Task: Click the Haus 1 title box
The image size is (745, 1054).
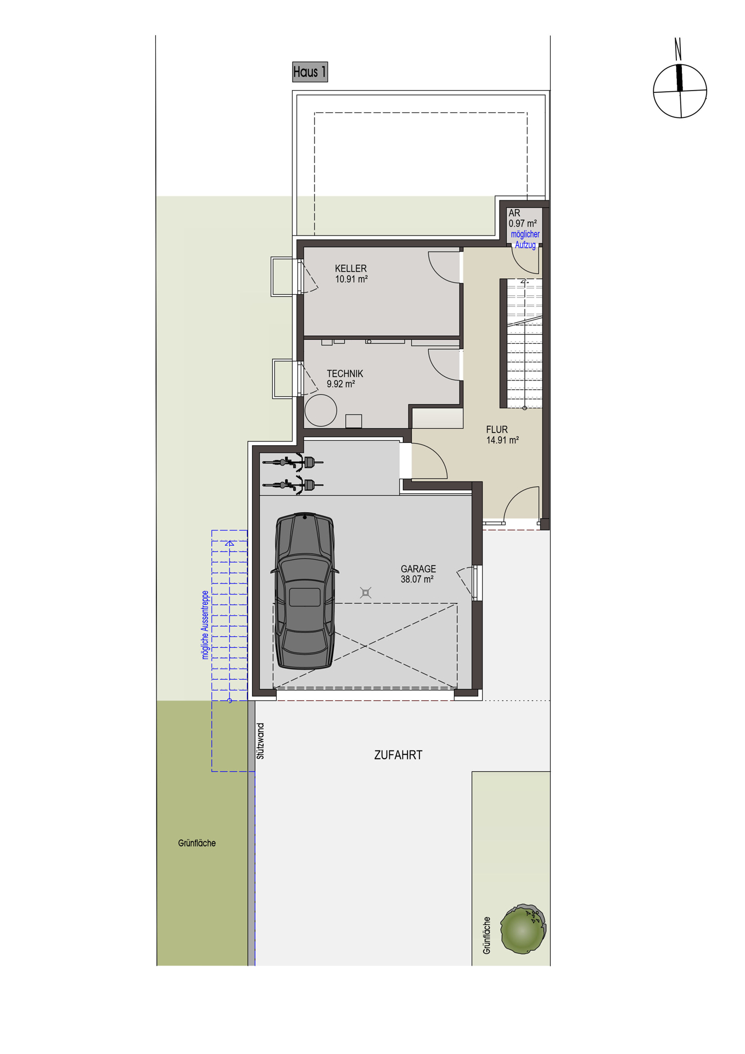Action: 310,72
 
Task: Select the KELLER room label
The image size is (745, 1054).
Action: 350,268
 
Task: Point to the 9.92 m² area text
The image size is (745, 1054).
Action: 340,384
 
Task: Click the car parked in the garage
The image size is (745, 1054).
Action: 305,591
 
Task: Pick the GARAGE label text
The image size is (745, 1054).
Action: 418,569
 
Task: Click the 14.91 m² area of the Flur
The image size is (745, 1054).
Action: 502,440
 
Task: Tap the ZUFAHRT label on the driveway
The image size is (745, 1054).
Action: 398,755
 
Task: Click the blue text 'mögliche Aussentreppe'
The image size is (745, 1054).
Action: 205,625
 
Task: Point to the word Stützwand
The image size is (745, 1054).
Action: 261,741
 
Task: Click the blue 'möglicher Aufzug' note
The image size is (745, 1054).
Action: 525,239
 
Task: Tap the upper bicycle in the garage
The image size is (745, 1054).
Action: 293,462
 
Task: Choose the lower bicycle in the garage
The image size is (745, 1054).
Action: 293,485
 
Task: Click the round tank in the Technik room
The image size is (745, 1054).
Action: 321,410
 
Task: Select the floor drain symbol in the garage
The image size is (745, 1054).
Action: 366,592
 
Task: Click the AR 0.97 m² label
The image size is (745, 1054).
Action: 522,218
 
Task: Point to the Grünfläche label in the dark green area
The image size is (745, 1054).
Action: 197,843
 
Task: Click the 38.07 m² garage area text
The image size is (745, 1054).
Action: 417,579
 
